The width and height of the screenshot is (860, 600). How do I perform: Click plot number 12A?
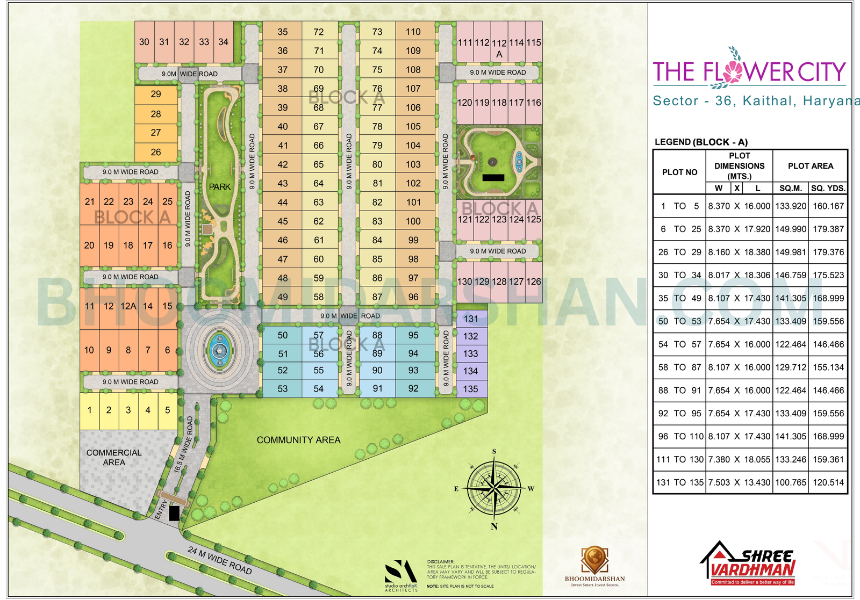coord(128,306)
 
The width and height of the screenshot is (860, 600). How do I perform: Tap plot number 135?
coord(471,389)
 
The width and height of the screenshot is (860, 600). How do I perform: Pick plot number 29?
coord(156,95)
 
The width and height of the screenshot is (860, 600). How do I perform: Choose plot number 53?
coord(283,389)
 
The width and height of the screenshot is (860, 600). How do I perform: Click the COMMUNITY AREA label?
coord(298,440)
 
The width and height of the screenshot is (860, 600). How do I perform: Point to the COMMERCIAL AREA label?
coord(114,457)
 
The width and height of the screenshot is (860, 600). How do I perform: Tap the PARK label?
coord(220,187)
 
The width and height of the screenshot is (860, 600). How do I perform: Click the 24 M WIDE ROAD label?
coord(220,560)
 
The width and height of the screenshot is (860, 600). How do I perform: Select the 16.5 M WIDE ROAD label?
coord(183,445)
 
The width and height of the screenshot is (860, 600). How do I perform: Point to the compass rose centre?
coord(494,488)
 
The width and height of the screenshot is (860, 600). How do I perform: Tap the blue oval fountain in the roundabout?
coord(219,351)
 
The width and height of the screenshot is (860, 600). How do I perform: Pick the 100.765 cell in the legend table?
coord(791,482)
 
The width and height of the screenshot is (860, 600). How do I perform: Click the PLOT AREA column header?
coord(810,166)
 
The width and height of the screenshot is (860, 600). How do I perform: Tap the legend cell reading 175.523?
coord(828,275)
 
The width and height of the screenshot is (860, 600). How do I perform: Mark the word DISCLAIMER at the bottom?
coord(441,562)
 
